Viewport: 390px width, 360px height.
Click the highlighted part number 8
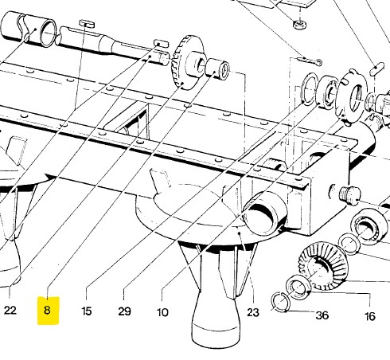click(x=47, y=310)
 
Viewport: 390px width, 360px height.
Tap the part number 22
click(x=10, y=310)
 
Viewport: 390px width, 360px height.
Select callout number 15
click(x=87, y=311)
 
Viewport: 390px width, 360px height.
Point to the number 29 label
click(x=124, y=311)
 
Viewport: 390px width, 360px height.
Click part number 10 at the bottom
click(x=162, y=312)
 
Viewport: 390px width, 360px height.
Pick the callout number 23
click(x=253, y=312)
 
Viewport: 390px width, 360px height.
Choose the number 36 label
click(x=322, y=315)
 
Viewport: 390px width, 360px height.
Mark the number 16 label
click(x=370, y=316)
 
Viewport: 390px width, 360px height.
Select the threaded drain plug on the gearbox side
click(x=349, y=194)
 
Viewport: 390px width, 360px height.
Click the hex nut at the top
click(x=300, y=25)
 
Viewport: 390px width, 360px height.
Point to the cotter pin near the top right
click(x=310, y=61)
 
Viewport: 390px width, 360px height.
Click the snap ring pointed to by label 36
click(x=280, y=301)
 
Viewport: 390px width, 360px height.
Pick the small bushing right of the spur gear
click(x=216, y=68)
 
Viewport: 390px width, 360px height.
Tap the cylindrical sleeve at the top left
click(x=29, y=29)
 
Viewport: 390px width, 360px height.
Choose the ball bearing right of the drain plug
click(x=369, y=225)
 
